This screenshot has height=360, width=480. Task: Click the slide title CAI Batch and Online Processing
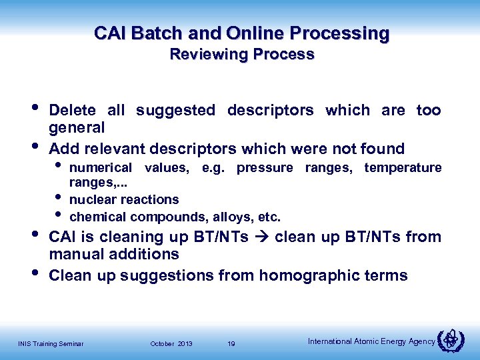coord(241,33)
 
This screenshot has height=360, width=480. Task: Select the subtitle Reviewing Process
coord(241,55)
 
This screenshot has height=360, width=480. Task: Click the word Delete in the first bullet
coord(72,111)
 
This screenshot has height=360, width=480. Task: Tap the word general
coord(77,127)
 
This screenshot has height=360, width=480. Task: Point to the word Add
coord(64,149)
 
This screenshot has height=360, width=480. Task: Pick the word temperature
coord(402,167)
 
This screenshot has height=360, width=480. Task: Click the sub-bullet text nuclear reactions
coord(124,199)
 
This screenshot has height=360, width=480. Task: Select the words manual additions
coord(114,254)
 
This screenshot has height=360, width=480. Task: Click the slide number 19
coord(231,343)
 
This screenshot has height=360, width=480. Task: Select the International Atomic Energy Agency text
coord(371,341)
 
